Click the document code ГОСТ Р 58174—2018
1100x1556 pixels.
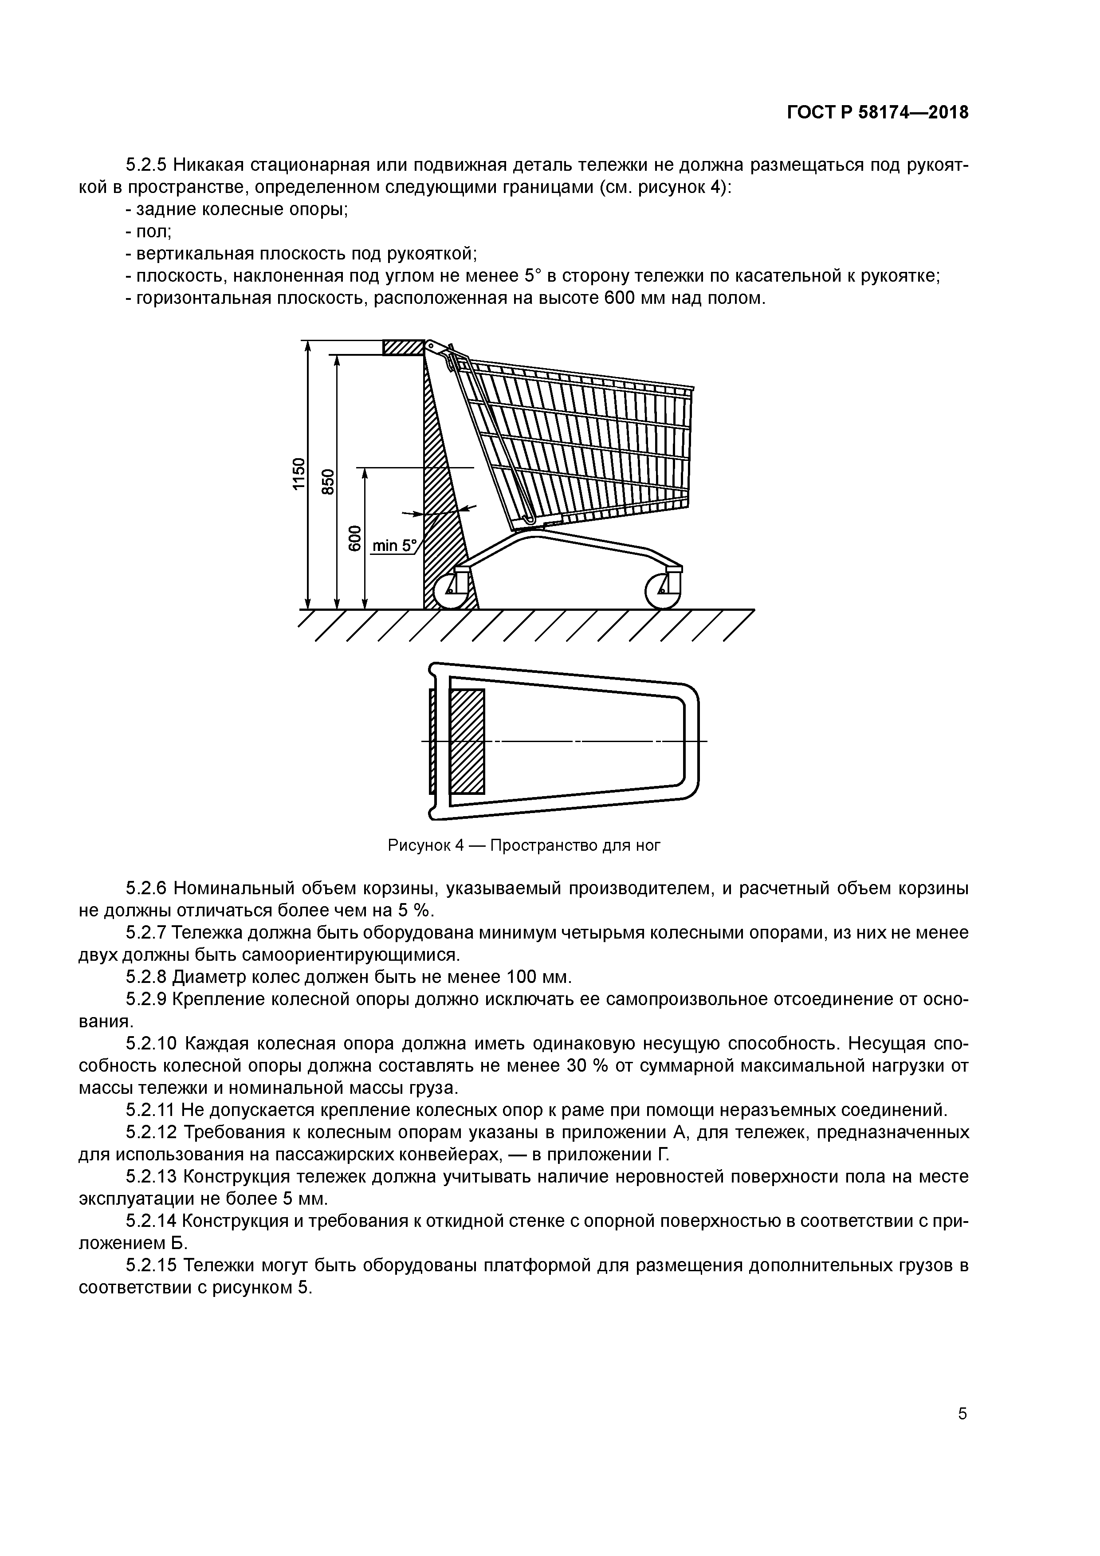click(x=878, y=113)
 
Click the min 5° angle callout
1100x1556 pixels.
click(x=394, y=546)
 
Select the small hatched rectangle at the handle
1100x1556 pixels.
click(x=403, y=347)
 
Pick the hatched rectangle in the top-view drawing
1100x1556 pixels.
click(x=467, y=741)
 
